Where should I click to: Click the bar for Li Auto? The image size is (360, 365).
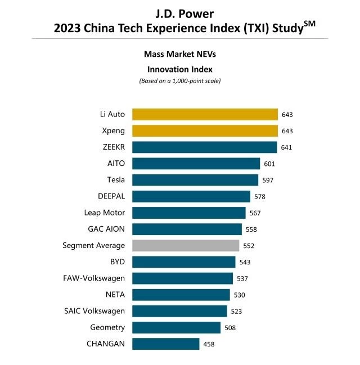point(205,114)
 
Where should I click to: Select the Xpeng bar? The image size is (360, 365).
point(205,130)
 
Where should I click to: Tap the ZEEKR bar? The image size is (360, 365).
point(204,147)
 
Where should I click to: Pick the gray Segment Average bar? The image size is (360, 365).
point(186,245)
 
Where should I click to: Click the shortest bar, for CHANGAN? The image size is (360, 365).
point(165,344)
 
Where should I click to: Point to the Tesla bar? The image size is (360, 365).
point(195,180)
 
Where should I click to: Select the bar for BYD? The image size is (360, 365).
point(183,262)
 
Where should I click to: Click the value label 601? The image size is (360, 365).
point(269,164)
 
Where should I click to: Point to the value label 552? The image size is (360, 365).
point(249,246)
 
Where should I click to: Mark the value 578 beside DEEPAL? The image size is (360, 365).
point(259,197)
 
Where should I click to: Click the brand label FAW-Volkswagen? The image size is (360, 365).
point(94,278)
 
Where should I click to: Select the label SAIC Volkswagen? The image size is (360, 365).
point(94,310)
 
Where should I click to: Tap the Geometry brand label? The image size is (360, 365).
point(107,327)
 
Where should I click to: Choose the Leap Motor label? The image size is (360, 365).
point(104,213)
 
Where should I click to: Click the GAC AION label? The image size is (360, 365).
point(106,229)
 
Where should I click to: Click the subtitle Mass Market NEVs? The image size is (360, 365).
point(179,55)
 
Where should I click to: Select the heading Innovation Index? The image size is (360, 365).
point(179,69)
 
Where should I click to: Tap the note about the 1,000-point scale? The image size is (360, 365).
point(179,81)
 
